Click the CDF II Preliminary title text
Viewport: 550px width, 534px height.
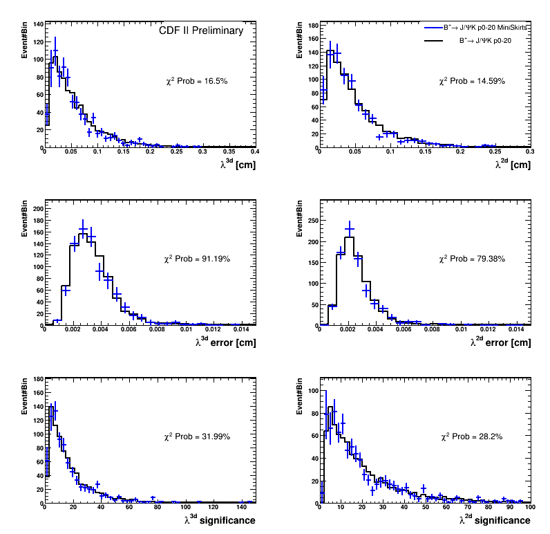201,30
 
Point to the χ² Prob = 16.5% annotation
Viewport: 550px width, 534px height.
196,81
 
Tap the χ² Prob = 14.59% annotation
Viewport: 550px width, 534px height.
472,81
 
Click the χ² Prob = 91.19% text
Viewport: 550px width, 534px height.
197,259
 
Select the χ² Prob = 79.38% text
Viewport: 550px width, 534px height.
472,259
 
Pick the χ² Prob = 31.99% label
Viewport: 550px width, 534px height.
197,436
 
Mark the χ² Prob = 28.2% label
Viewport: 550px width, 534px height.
472,436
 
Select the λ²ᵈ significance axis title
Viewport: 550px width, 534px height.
495,520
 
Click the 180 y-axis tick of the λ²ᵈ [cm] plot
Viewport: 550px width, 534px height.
312,26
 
